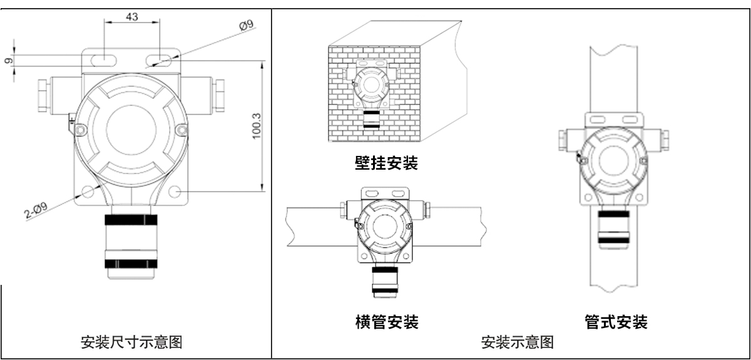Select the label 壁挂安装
pyautogui.click(x=384, y=164)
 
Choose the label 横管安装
pyautogui.click(x=384, y=322)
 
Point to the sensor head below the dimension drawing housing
pyautogui.click(x=131, y=244)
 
